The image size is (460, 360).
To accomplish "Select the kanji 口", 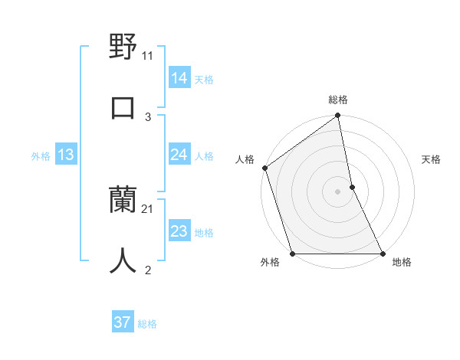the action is pos(123,107).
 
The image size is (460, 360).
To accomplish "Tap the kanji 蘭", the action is pos(123,201).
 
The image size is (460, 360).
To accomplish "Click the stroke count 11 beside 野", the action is pos(148,56).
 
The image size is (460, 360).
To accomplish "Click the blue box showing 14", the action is pos(179,77).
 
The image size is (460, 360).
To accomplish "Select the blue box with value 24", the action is pos(179,155).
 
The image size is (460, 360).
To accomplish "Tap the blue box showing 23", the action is pos(179,231).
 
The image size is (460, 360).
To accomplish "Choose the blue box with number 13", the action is pos(65,155).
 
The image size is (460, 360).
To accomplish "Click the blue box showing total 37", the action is pos(122,322).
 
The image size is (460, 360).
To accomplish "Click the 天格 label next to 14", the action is pos(204,79).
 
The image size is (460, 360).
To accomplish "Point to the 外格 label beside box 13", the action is pos(41,156).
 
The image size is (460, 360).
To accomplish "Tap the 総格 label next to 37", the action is pos(147,324).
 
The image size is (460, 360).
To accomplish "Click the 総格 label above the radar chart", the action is pos(338,100).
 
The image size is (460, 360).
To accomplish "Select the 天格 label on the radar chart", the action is pos(432,159).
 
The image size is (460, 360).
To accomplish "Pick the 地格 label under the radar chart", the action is pos(402,263).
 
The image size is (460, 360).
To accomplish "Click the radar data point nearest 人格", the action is pos(265,168).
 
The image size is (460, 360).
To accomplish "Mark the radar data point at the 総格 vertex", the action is pos(338,116).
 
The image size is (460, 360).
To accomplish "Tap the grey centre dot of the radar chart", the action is pos(338,191).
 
